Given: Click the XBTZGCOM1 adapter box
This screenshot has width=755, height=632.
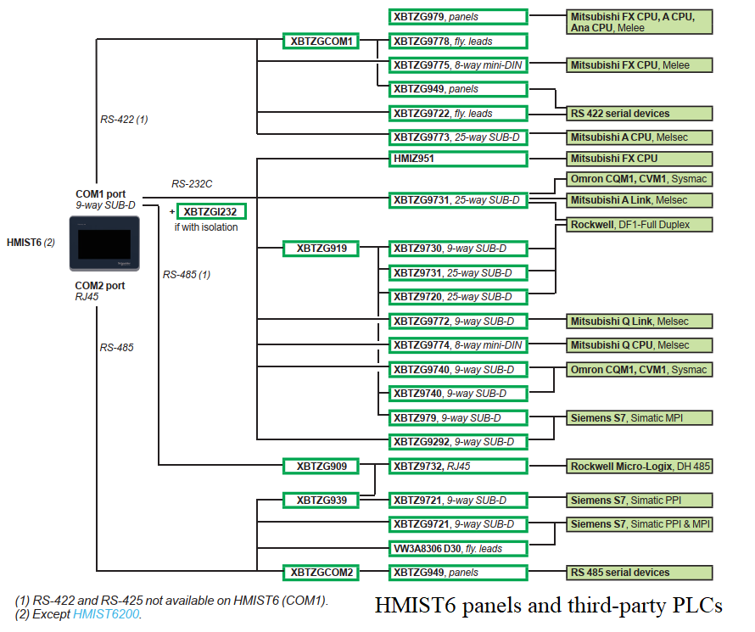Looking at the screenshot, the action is pos(322,42).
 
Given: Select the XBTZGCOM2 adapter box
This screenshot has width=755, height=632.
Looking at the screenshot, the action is pos(322,573).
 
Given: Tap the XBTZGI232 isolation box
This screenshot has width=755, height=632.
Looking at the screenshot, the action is pos(211,212).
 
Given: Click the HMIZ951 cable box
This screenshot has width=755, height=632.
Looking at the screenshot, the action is pos(458,159).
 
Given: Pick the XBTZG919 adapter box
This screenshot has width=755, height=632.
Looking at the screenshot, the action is pos(322,249).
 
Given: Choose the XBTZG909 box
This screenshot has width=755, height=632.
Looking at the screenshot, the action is pos(322,467).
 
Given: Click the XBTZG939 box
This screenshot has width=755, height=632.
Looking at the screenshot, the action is pos(322,501).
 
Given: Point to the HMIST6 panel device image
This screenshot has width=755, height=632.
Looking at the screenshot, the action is pos(104,243).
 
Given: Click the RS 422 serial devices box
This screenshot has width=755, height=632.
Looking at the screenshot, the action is pos(640,114).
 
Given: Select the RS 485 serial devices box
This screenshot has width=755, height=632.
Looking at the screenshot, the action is pos(640,573).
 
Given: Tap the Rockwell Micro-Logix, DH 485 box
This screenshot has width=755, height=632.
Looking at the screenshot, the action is pos(640,467).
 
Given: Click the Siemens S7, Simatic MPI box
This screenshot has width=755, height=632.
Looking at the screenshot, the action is pos(640,418).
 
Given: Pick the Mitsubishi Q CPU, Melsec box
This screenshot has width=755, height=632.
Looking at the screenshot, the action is pos(640,345).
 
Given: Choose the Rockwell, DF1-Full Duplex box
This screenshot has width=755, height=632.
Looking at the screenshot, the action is pos(640,225).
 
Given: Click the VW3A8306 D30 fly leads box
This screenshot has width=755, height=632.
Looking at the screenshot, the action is pos(458,549).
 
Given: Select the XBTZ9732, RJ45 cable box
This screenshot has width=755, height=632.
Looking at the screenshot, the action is pos(458,467).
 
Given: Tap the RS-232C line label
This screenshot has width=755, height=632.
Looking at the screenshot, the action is pos(192,184).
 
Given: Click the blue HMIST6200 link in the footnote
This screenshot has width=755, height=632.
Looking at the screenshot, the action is pos(106,614).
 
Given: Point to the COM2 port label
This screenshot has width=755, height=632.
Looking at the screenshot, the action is pos(99,286).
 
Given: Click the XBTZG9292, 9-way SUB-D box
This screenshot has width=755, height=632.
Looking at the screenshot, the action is pos(458,442).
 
